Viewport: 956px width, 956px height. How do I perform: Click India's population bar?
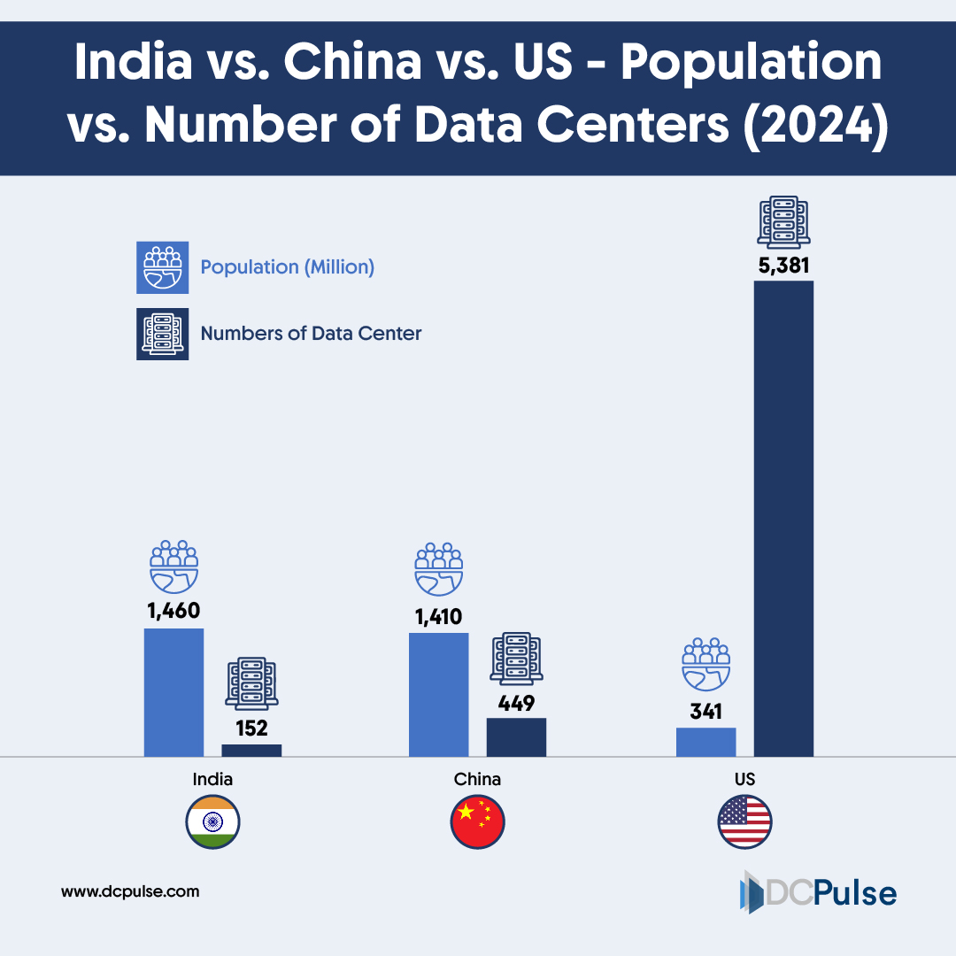click(173, 692)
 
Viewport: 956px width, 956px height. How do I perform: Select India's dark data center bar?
click(251, 751)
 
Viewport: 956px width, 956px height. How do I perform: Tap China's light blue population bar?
click(438, 695)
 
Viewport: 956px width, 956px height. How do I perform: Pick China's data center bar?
click(516, 737)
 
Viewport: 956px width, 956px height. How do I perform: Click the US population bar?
click(705, 742)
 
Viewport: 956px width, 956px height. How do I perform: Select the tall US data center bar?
click(783, 519)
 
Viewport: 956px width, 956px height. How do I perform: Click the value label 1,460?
click(173, 610)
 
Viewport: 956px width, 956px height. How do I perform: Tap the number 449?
click(516, 703)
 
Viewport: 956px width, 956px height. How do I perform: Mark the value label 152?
click(251, 728)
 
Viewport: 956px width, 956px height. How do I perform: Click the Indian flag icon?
click(212, 822)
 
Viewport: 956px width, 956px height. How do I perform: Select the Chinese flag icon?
click(478, 822)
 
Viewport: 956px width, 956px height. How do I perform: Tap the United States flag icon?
click(744, 822)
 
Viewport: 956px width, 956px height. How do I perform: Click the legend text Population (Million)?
click(288, 266)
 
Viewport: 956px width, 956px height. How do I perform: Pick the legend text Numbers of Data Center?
click(311, 334)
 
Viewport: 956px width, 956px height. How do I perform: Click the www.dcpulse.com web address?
click(130, 891)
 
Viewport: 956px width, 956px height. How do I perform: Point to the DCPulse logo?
click(817, 892)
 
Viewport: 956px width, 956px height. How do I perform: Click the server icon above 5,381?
click(783, 221)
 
